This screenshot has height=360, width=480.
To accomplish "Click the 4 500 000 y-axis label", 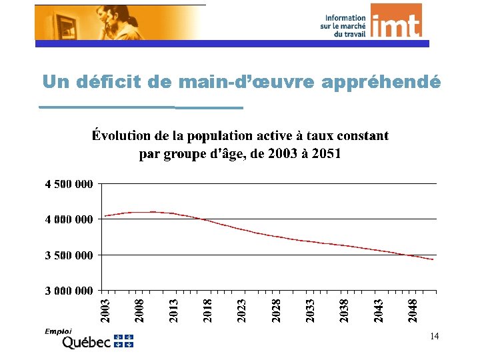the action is click(69, 184).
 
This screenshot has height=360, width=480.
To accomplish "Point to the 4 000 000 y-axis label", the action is click(69, 219).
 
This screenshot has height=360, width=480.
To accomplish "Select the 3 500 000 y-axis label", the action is click(69, 255).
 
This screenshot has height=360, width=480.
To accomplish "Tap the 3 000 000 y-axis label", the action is click(69, 291).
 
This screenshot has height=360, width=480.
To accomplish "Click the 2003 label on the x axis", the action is click(105, 311).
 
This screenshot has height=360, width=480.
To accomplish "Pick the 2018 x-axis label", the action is click(208, 311).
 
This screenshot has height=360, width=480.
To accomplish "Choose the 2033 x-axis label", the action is click(311, 311).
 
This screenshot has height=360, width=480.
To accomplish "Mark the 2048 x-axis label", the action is click(413, 311).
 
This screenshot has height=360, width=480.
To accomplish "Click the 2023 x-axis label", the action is click(242, 311).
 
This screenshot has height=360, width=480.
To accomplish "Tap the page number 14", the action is click(435, 337).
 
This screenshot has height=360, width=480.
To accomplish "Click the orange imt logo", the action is click(396, 21).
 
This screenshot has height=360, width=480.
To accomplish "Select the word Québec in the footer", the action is click(86, 342).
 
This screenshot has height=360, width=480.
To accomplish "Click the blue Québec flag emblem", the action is click(124, 341).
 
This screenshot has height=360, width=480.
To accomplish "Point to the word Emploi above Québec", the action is click(58, 331).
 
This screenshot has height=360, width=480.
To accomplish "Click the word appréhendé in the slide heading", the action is click(381, 82).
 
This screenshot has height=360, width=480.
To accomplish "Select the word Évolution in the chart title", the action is click(121, 135).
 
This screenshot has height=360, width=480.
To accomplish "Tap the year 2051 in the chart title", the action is click(326, 153).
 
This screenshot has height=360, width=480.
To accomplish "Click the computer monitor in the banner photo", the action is click(62, 25).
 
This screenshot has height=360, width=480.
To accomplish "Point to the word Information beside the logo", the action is click(345, 18).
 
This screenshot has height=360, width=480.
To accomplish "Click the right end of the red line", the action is click(433, 259).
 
